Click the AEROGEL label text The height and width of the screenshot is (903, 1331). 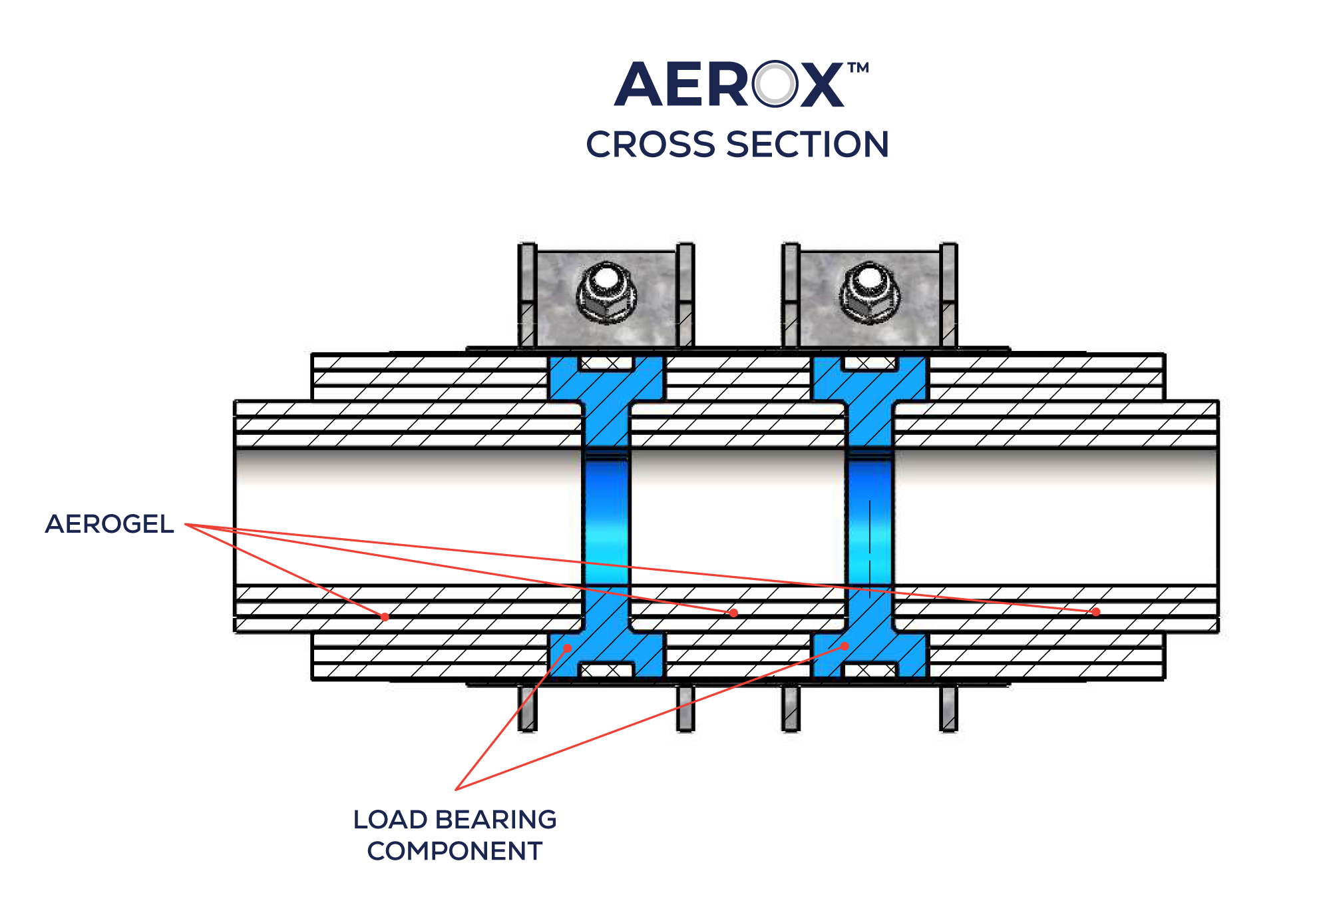tap(110, 524)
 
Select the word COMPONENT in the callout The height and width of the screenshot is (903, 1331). tap(455, 851)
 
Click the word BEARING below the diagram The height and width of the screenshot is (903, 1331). tap(496, 820)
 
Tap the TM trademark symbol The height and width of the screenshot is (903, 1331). tap(858, 68)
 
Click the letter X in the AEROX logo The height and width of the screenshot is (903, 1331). tap(822, 85)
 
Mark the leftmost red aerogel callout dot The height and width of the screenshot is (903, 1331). tap(385, 617)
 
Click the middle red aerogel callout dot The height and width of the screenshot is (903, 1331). tap(733, 613)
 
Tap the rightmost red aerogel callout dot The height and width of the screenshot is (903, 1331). tap(1095, 611)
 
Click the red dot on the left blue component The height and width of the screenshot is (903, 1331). tap(568, 648)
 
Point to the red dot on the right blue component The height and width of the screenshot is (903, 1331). tap(845, 646)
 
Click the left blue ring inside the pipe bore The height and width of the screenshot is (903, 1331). tap(606, 519)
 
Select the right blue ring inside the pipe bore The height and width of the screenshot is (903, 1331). tap(869, 519)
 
